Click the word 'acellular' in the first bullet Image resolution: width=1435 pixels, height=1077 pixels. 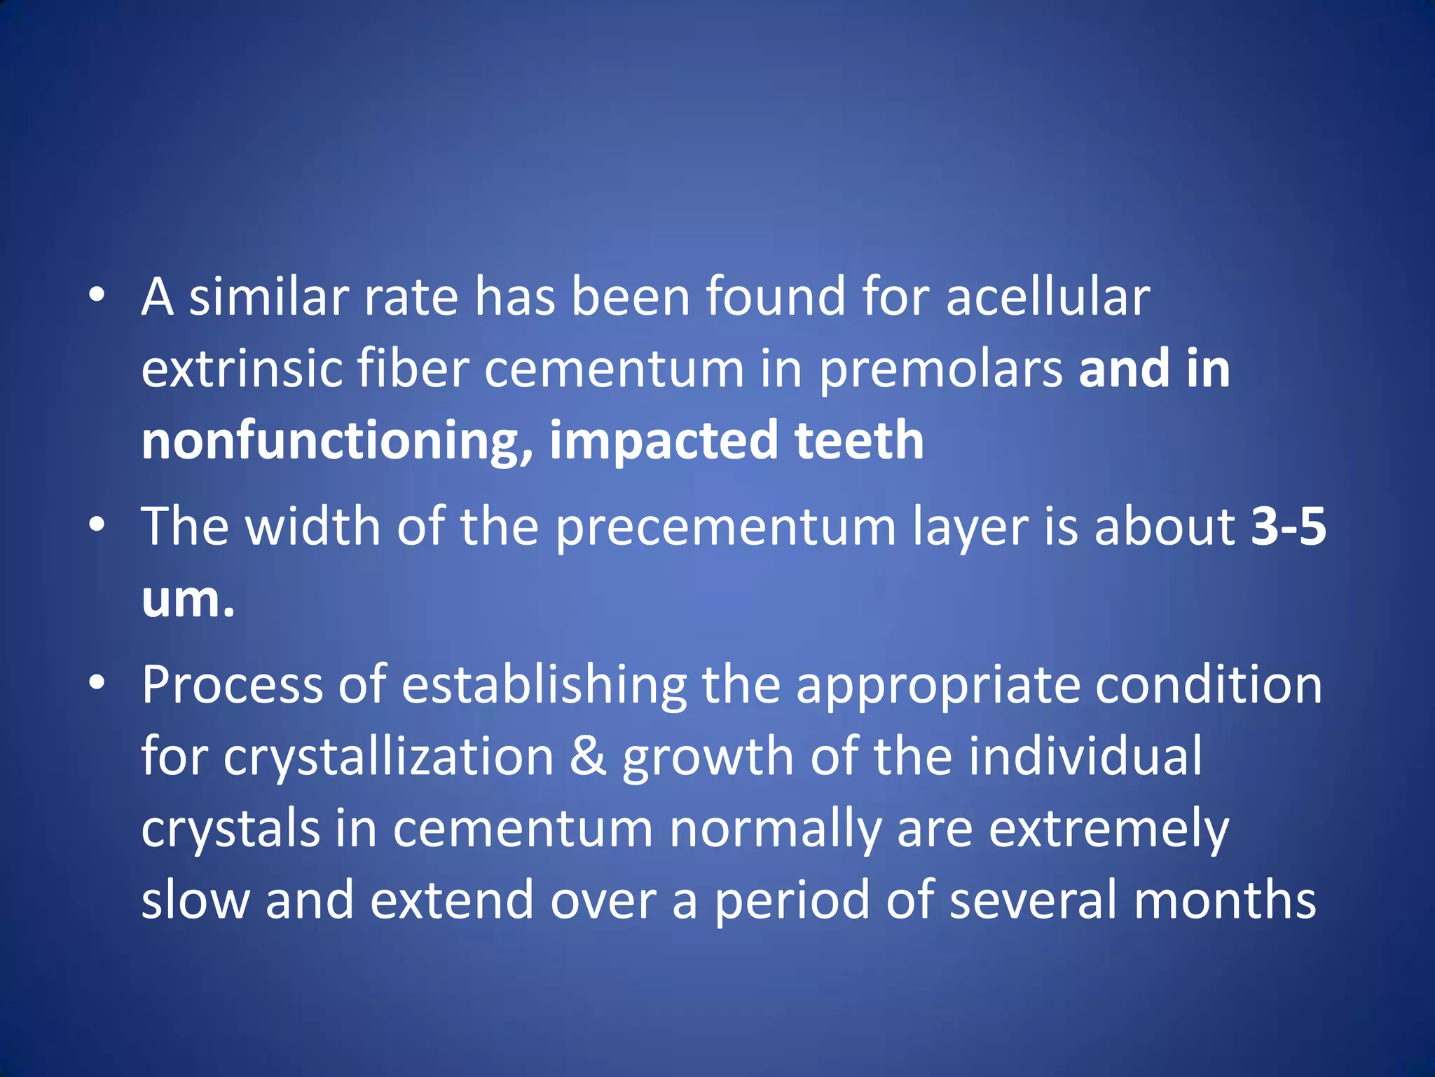pyautogui.click(x=1048, y=297)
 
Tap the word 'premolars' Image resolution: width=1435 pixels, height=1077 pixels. pyautogui.click(x=941, y=369)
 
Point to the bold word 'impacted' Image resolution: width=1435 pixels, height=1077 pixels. pyautogui.click(x=664, y=442)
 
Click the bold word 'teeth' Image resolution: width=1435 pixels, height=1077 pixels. pyautogui.click(x=859, y=440)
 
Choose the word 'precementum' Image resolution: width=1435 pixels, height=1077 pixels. pyautogui.click(x=725, y=527)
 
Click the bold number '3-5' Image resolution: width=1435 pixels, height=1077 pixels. pyautogui.click(x=1289, y=527)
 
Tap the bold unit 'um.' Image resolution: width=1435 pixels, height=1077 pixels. pyautogui.click(x=188, y=600)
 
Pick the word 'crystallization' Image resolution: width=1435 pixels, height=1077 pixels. pyautogui.click(x=389, y=757)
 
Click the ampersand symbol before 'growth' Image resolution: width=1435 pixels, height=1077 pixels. pyautogui.click(x=588, y=757)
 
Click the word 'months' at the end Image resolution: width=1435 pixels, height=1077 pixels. pyautogui.click(x=1224, y=900)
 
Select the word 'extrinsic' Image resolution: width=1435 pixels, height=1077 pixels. pyautogui.click(x=241, y=369)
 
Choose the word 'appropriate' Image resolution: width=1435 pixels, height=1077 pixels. pyautogui.click(x=938, y=686)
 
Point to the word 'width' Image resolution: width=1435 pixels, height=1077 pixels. pyautogui.click(x=313, y=527)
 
